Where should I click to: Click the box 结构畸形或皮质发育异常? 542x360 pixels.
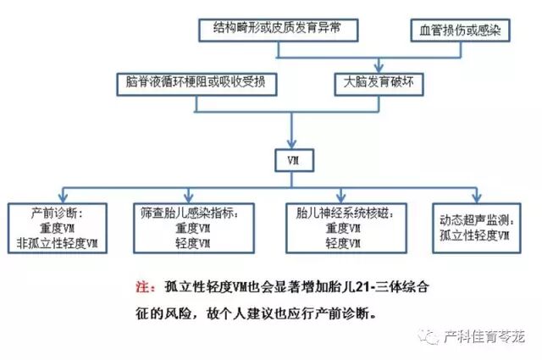pyautogui.click(x=279, y=30)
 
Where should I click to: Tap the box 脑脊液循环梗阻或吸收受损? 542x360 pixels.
pyautogui.click(x=196, y=83)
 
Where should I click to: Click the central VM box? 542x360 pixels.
pyautogui.click(x=290, y=160)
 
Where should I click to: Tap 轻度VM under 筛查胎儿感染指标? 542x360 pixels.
pyautogui.click(x=193, y=243)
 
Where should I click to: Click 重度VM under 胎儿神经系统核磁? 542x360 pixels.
pyautogui.click(x=342, y=228)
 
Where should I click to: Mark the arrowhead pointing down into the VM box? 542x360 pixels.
pyautogui.click(x=290, y=146)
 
